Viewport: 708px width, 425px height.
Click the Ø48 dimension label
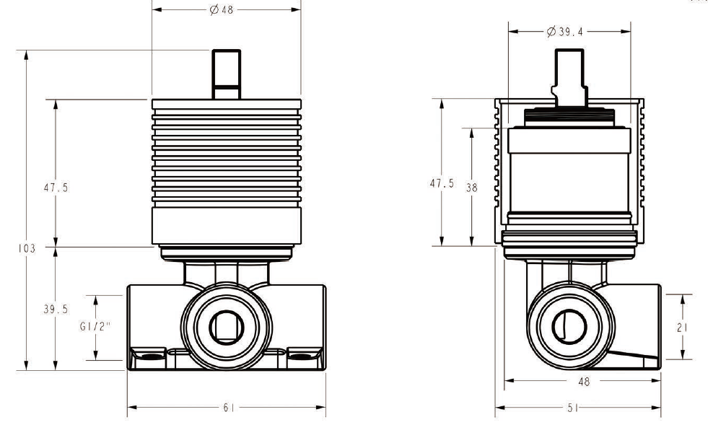(x=223, y=10)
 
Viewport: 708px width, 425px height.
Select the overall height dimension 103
(x=26, y=248)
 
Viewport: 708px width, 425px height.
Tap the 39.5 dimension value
(x=55, y=309)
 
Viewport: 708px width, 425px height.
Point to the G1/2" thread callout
(x=95, y=327)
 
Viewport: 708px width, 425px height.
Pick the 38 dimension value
(x=471, y=187)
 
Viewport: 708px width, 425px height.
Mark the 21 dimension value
(x=682, y=327)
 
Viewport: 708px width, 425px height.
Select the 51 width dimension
(x=578, y=408)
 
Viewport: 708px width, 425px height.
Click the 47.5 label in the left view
(x=56, y=187)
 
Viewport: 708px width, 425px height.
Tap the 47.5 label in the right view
(x=442, y=183)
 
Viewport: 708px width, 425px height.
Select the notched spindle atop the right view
(x=570, y=76)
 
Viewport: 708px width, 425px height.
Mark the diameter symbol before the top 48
(x=214, y=10)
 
